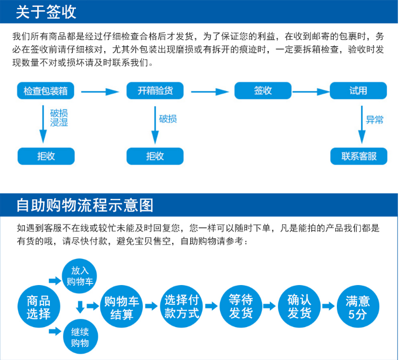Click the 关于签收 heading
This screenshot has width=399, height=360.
(x=46, y=12)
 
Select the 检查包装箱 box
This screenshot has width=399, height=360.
(x=46, y=91)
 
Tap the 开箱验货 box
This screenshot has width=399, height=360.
(x=155, y=91)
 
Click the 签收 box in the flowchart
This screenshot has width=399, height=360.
(x=263, y=91)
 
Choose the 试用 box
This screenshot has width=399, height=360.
(x=358, y=91)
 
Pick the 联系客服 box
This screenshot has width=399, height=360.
(x=359, y=156)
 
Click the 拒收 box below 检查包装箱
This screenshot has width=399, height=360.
(x=46, y=156)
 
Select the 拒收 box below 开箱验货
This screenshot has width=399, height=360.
(x=155, y=156)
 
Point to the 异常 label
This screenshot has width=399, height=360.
(x=375, y=120)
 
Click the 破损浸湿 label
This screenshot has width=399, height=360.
(x=59, y=118)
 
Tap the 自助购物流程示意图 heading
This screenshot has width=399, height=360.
(x=84, y=205)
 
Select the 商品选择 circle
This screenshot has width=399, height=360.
(x=38, y=307)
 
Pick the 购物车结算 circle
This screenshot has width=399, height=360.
(x=122, y=307)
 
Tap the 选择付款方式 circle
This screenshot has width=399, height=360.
(x=181, y=307)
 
